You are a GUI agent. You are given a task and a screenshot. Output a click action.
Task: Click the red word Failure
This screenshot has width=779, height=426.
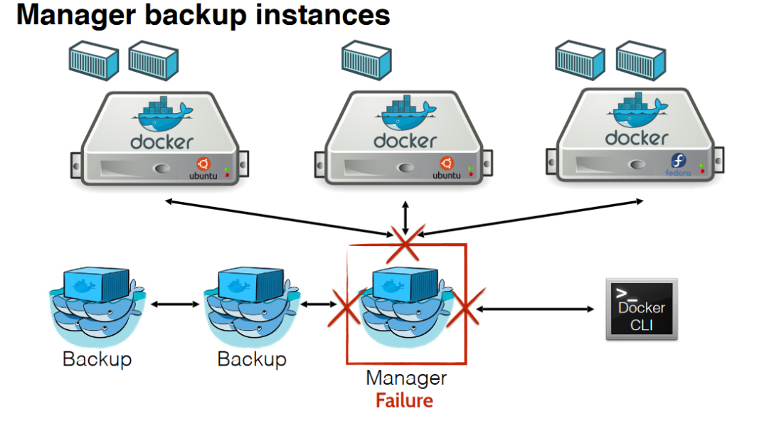click(404, 400)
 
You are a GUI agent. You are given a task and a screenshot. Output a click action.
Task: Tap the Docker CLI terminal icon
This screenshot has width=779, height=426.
click(642, 309)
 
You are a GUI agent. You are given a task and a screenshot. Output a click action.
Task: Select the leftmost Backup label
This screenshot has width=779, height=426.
click(97, 358)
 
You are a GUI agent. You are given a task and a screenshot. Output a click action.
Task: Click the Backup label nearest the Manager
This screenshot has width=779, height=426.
click(252, 358)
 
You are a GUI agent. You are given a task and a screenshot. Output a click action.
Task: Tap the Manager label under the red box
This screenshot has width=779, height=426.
click(406, 378)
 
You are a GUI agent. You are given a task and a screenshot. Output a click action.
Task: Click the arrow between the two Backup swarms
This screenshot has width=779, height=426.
click(175, 304)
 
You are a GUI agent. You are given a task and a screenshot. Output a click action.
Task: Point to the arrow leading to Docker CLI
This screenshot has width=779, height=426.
click(535, 309)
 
